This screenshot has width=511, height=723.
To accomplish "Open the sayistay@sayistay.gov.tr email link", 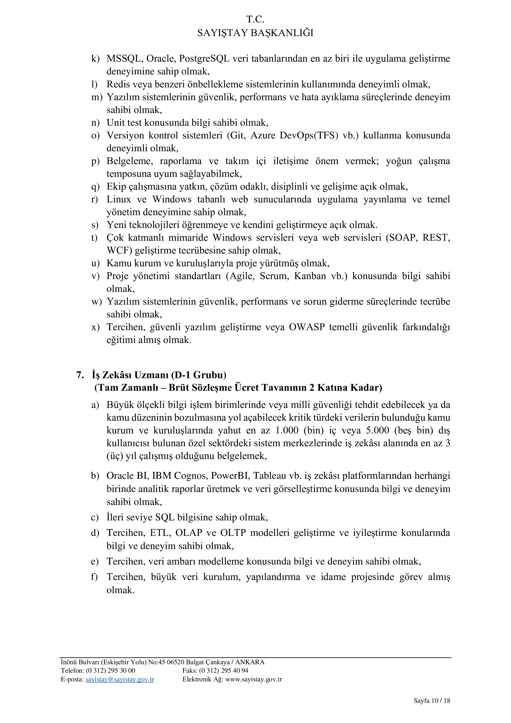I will click(x=120, y=679).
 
